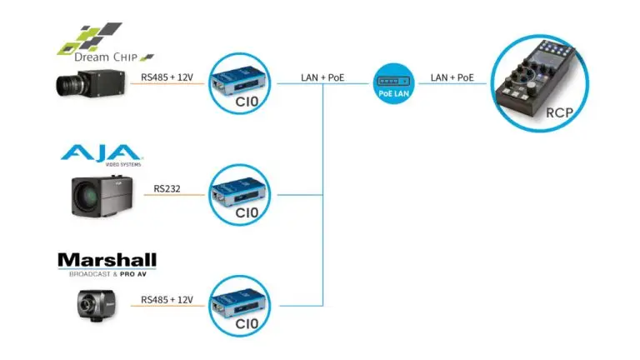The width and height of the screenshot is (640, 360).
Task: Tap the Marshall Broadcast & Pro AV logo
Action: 107,265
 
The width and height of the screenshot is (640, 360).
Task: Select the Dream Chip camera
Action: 91,82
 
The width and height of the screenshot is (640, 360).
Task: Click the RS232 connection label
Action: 169,188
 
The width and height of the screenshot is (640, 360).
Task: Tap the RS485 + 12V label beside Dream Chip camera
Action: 167,78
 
